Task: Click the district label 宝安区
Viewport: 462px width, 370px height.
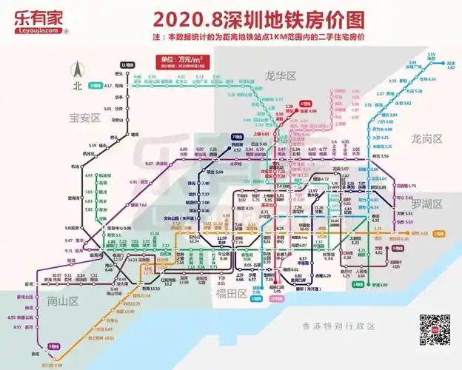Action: [84, 117]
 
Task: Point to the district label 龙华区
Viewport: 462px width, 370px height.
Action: [280, 75]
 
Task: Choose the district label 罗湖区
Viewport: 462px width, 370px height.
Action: [426, 203]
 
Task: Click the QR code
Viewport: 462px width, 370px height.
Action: [435, 330]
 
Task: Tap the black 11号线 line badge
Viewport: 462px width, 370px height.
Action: [135, 65]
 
